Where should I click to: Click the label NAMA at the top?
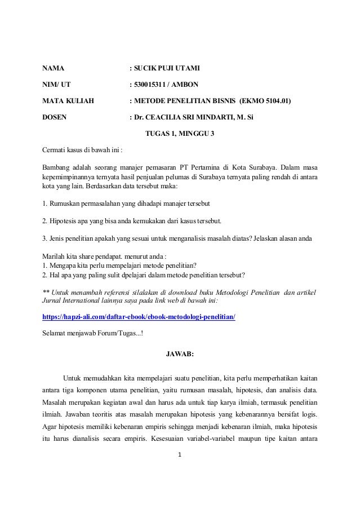pos(54,70)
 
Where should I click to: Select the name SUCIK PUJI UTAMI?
pos(167,70)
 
